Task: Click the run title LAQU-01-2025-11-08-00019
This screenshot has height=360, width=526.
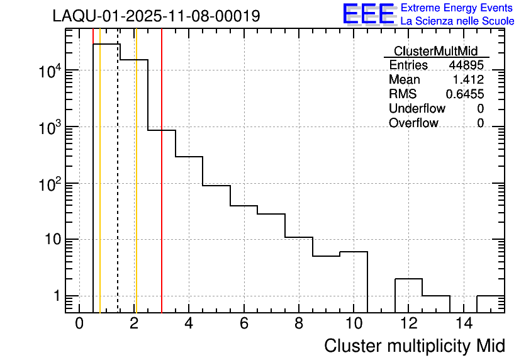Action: tap(156, 16)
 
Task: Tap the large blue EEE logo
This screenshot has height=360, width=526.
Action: tap(368, 14)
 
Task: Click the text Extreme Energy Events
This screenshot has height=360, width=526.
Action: tap(457, 8)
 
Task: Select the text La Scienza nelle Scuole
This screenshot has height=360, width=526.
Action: tap(457, 21)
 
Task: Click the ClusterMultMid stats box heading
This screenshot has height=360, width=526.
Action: tap(435, 51)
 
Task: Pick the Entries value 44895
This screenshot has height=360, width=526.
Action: tap(466, 65)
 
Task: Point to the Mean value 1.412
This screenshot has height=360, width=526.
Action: tap(468, 80)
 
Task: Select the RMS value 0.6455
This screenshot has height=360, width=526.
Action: tap(464, 94)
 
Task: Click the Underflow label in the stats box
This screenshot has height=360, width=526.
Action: tap(417, 109)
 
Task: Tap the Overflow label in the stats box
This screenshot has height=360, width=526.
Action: tap(413, 123)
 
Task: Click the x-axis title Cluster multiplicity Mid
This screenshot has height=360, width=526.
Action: tap(414, 346)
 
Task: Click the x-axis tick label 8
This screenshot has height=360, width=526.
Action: tap(299, 323)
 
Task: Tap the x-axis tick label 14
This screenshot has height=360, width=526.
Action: tap(463, 323)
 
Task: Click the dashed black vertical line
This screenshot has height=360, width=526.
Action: tap(118, 189)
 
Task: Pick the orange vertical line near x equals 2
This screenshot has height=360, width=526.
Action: tap(136, 189)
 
